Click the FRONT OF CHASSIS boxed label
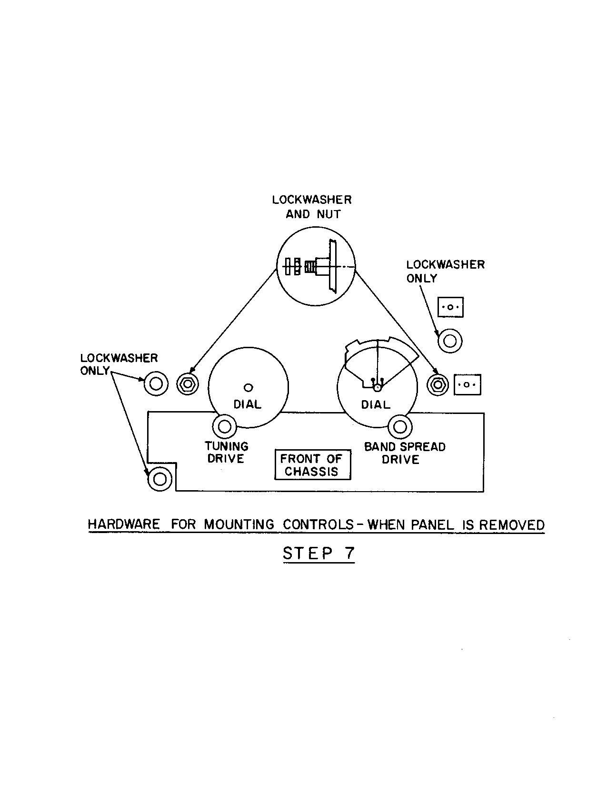(312, 465)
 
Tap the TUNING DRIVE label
(227, 453)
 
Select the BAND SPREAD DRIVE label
(404, 453)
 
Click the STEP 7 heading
(318, 554)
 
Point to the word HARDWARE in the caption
(124, 524)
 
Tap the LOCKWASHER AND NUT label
(312, 207)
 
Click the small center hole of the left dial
(248, 387)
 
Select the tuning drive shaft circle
(224, 425)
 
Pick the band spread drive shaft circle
(400, 426)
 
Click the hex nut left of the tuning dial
(188, 383)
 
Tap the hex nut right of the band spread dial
(438, 383)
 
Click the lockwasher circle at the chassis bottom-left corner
(159, 478)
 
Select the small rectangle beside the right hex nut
(467, 384)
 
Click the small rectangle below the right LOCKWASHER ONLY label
(450, 307)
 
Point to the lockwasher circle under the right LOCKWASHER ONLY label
(449, 341)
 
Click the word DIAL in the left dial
(247, 404)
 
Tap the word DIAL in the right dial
(376, 405)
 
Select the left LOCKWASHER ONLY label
(119, 364)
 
